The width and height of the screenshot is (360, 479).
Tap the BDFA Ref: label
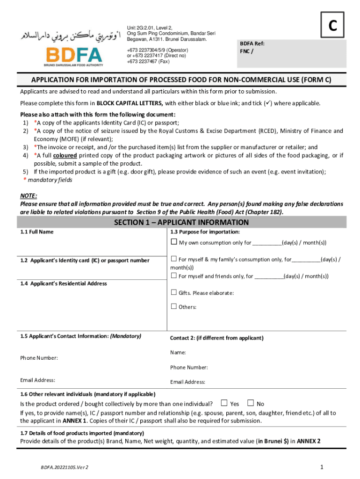tap(252, 44)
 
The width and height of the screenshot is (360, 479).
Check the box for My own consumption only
tap(174, 242)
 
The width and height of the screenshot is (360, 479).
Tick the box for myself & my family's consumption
tap(174, 259)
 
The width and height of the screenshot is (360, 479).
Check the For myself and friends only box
tap(174, 276)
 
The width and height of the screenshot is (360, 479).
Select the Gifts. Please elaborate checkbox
tap(174, 293)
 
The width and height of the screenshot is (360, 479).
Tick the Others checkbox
tap(174, 307)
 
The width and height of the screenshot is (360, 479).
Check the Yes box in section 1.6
tap(224, 403)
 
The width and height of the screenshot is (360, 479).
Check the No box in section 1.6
tap(251, 403)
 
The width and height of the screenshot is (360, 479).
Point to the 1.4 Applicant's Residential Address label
tap(64, 283)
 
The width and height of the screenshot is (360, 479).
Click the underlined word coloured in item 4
tap(65, 155)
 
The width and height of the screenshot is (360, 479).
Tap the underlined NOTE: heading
tap(29, 196)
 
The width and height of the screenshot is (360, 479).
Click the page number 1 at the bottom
tap(322, 467)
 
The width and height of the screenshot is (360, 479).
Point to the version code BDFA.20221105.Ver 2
tap(65, 467)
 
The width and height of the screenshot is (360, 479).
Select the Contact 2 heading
tap(216, 338)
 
